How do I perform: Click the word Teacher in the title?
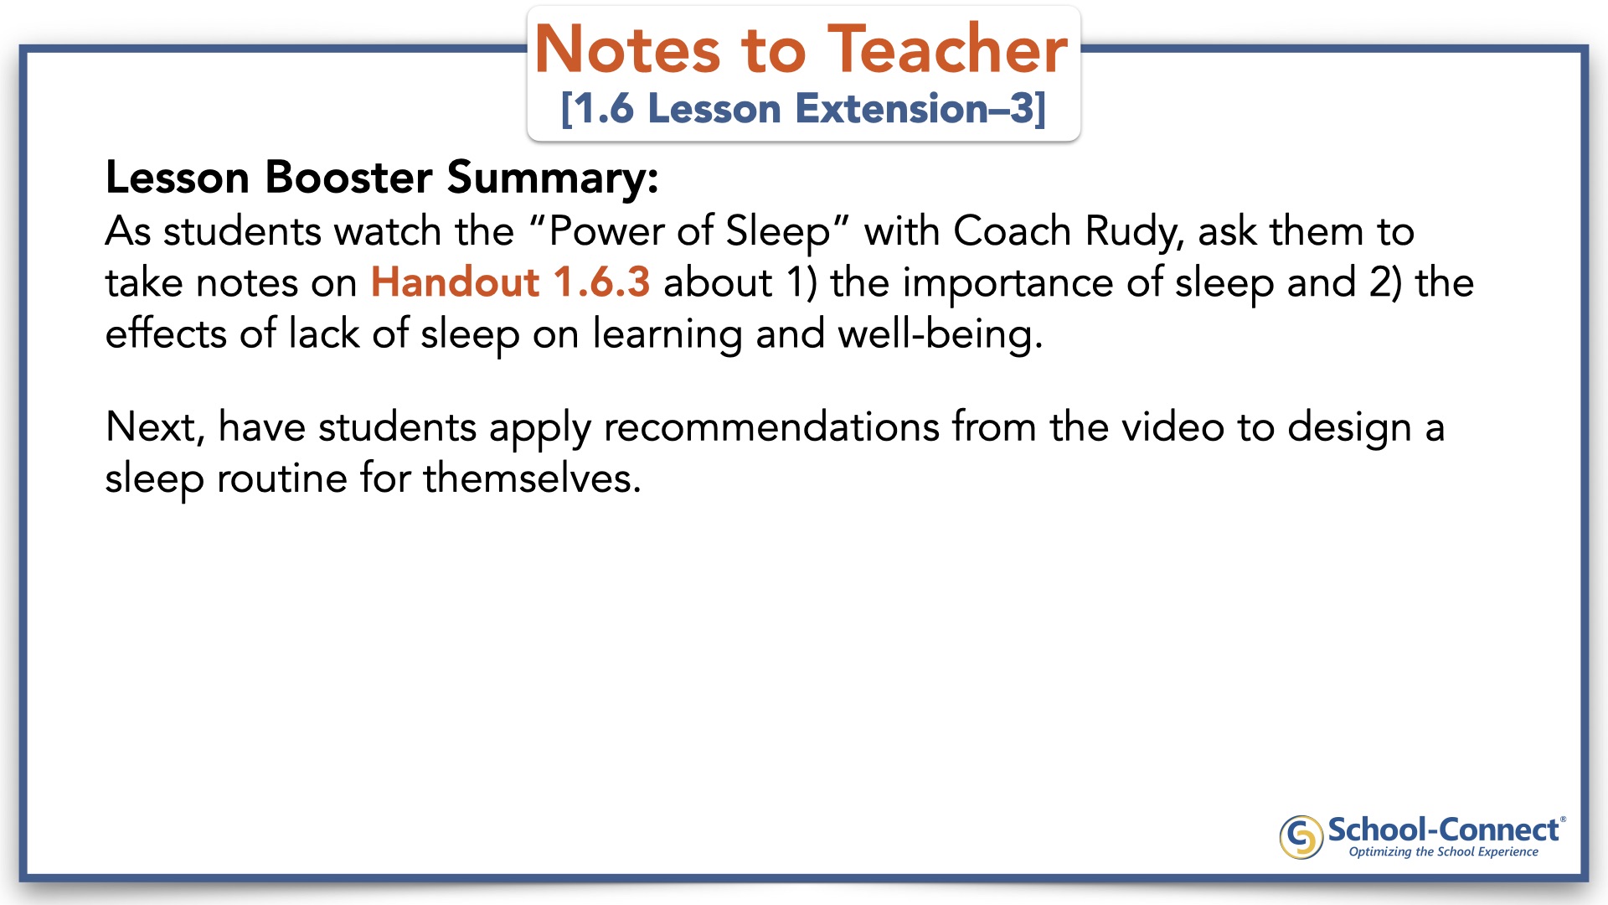point(947,49)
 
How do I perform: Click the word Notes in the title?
point(627,49)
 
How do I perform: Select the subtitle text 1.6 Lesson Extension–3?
point(803,109)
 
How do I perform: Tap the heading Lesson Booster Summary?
point(382,178)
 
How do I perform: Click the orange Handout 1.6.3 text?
point(510,282)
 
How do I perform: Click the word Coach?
point(1013,231)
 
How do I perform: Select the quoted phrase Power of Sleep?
point(690,232)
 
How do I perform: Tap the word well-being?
point(941,334)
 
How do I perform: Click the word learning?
point(667,334)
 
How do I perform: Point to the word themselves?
point(532,478)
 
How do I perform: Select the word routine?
point(282,478)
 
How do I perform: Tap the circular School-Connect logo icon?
point(1301,837)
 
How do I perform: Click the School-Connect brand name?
point(1443,830)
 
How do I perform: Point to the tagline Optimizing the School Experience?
point(1443,852)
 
